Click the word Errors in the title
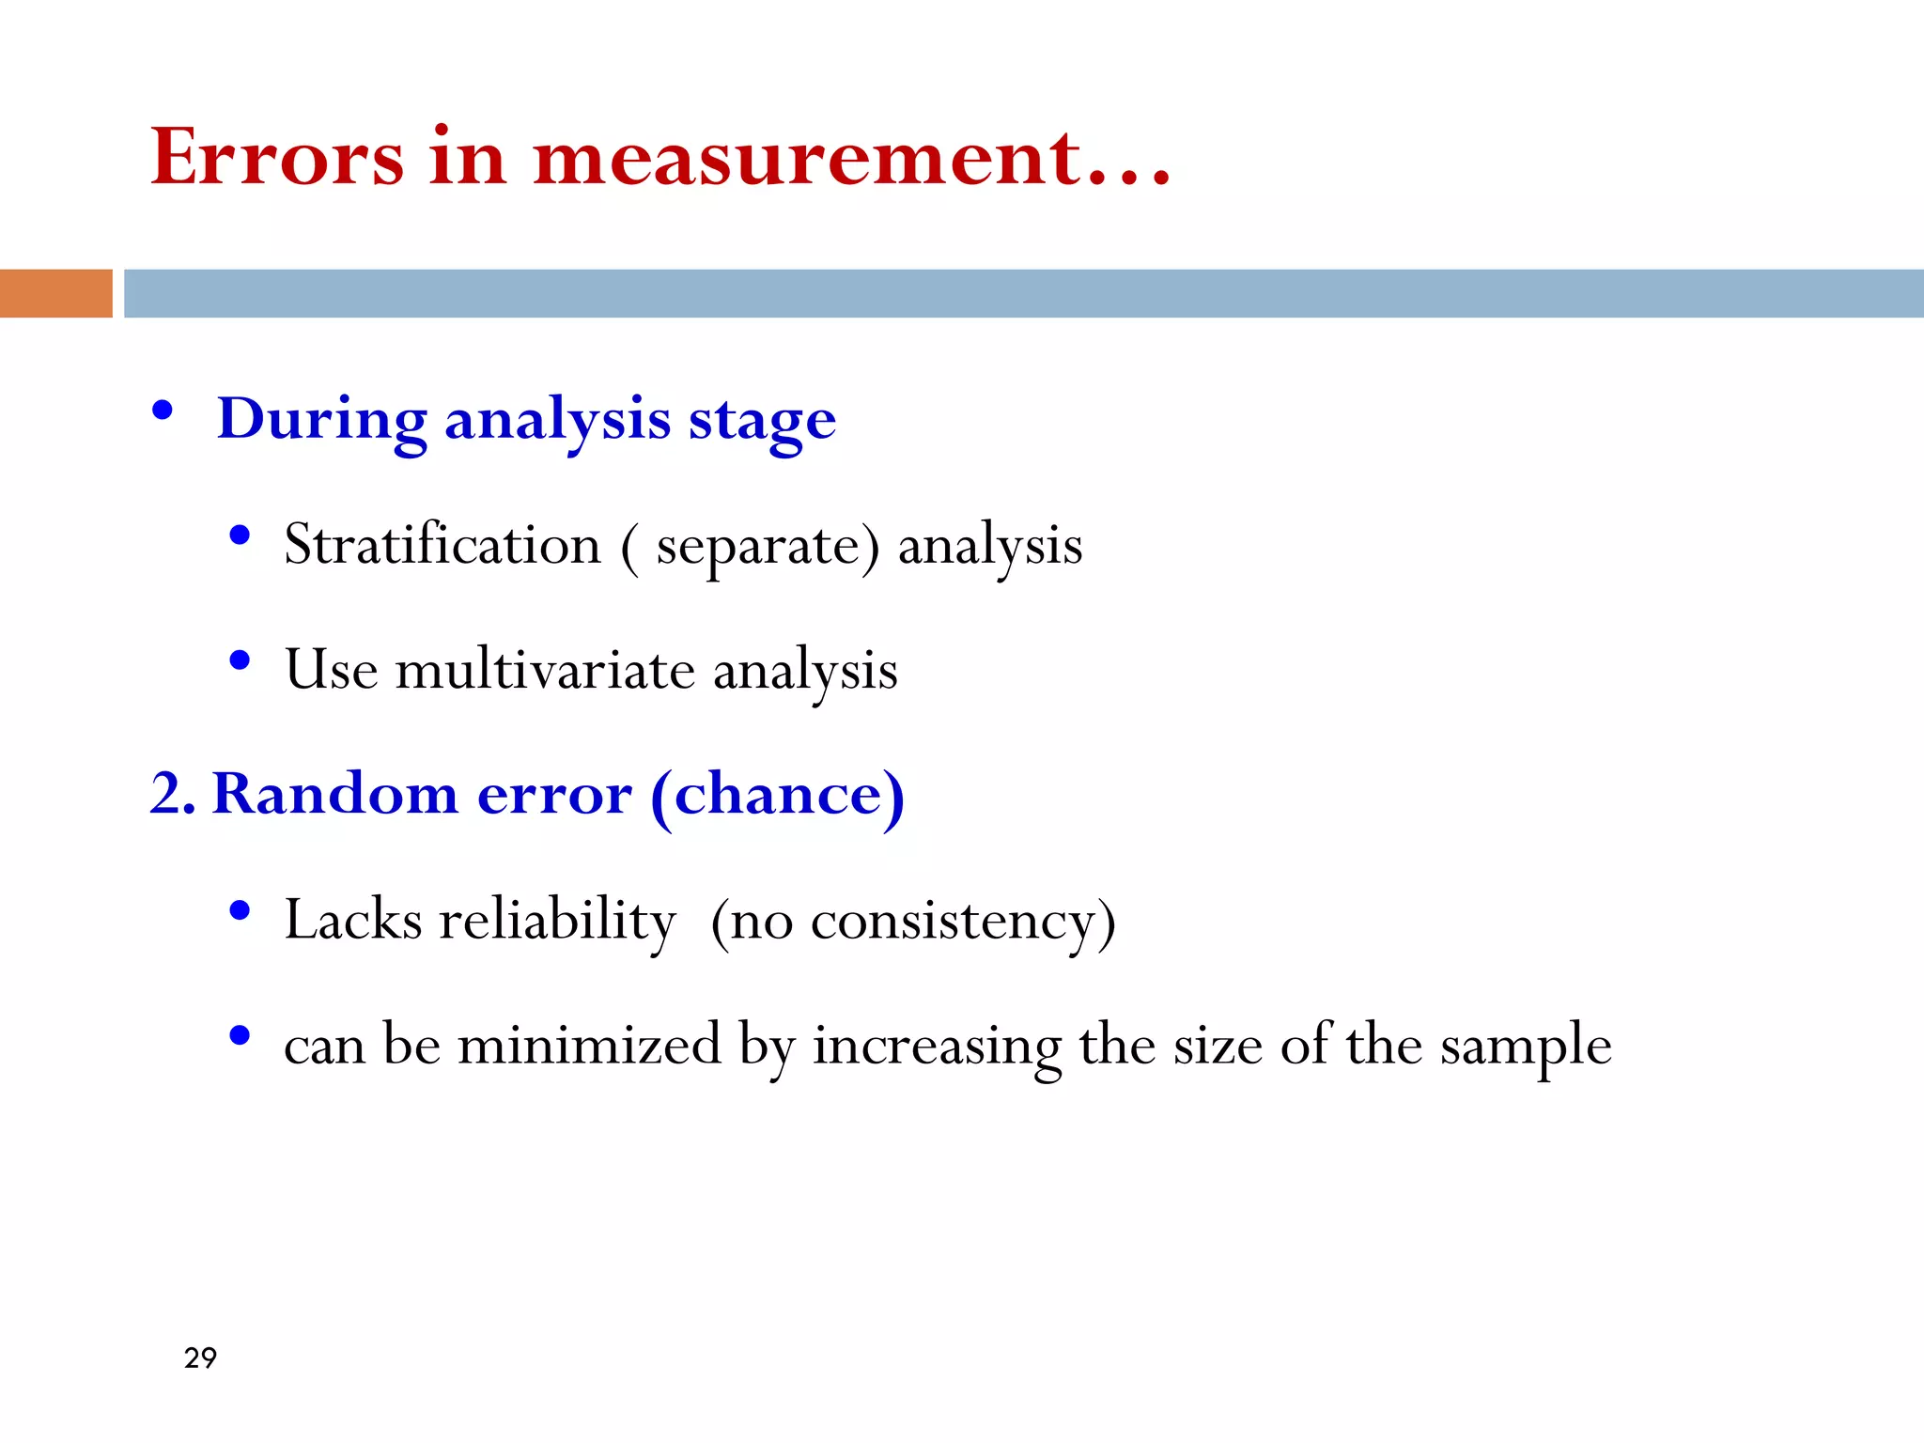278,157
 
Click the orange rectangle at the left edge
55,293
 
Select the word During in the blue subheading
322,419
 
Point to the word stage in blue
762,421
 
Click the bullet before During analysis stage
163,411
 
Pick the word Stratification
442,544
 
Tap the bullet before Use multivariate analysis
240,660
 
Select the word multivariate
545,670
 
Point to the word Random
335,794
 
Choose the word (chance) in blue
778,796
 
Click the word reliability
557,920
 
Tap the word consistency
952,922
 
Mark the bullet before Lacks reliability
240,910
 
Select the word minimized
589,1045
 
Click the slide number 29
200,1358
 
